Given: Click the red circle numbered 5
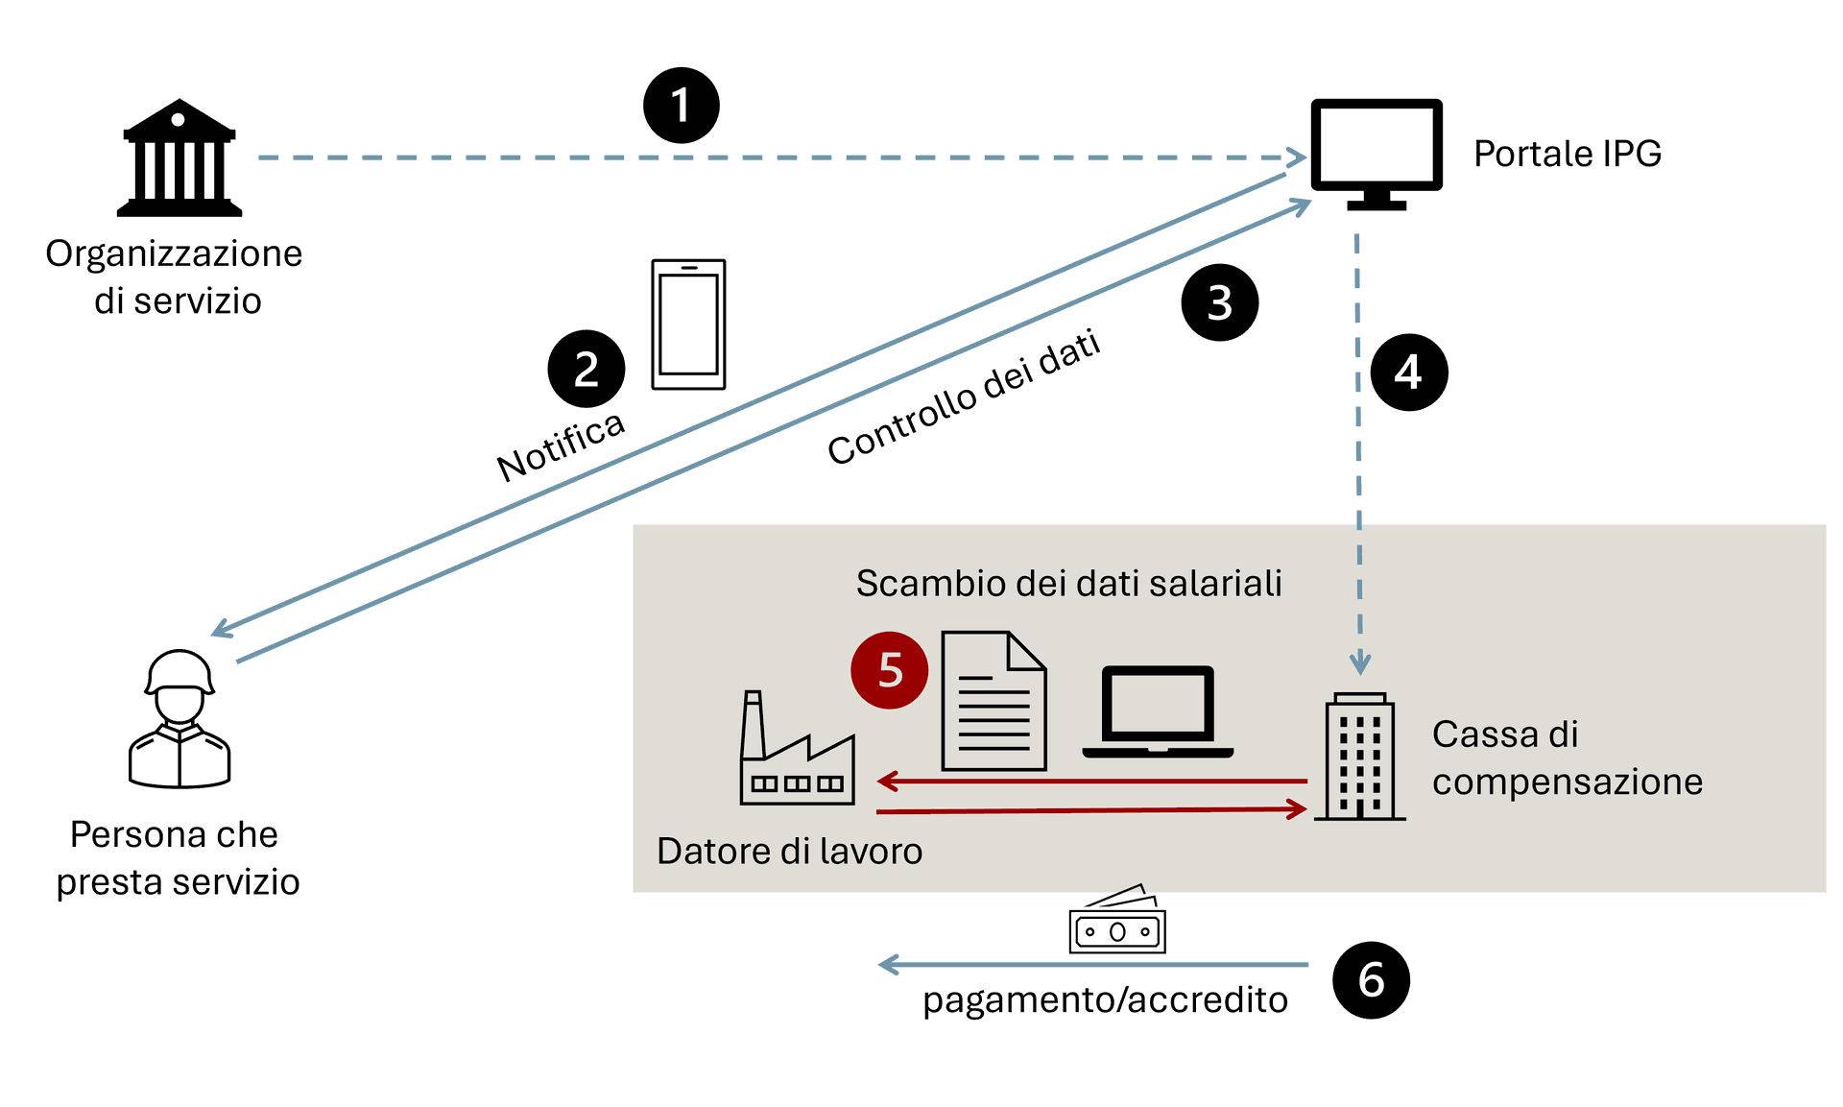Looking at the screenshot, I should tap(889, 670).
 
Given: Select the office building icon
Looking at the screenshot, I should tap(1359, 758).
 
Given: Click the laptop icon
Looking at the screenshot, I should tap(1158, 711).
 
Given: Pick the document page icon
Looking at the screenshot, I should tap(993, 702).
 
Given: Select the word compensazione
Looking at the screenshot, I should tap(1567, 782).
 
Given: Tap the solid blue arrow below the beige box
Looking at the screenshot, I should tap(1093, 964).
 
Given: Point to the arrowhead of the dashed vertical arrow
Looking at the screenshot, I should tap(1360, 663).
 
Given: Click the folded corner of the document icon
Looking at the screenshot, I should tap(1026, 651).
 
